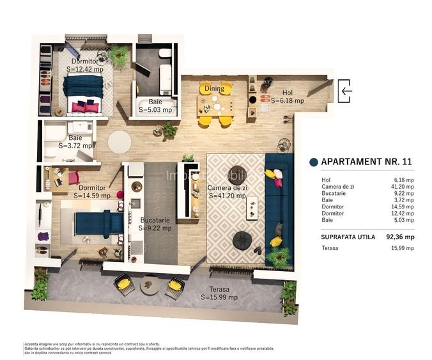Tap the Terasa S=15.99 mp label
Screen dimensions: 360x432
[x=219, y=293]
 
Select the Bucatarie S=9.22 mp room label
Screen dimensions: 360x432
[x=155, y=223]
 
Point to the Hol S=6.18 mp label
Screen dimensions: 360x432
[x=287, y=97]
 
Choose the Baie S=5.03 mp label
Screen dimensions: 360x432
[x=155, y=106]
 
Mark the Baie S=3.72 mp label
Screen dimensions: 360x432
[x=75, y=141]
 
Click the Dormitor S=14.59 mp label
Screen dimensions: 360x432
[x=91, y=192]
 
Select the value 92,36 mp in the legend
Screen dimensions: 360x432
[x=399, y=237]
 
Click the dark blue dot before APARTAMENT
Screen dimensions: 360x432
[x=313, y=162]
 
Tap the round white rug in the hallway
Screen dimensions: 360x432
[x=120, y=141]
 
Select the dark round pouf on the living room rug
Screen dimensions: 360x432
[x=242, y=239]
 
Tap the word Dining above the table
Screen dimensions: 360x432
[x=214, y=90]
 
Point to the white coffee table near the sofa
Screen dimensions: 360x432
[x=253, y=207]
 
